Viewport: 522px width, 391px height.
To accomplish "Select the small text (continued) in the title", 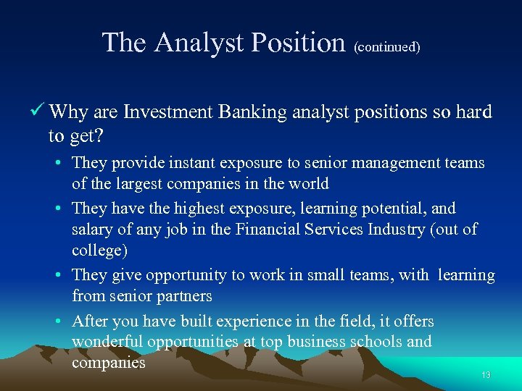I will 386,47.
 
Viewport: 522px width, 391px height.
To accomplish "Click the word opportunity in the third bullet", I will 186,275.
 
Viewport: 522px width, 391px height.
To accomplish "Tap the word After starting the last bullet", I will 90,321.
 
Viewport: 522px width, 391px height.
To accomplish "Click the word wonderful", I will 109,341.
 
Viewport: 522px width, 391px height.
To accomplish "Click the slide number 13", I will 486,375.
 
